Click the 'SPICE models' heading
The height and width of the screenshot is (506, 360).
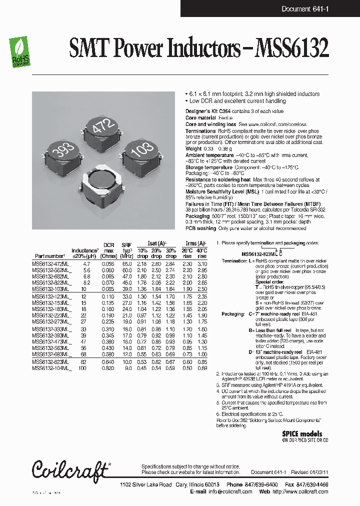point(302,434)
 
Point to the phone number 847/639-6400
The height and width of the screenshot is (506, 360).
point(257,485)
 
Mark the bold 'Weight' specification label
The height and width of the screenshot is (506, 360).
point(193,148)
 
